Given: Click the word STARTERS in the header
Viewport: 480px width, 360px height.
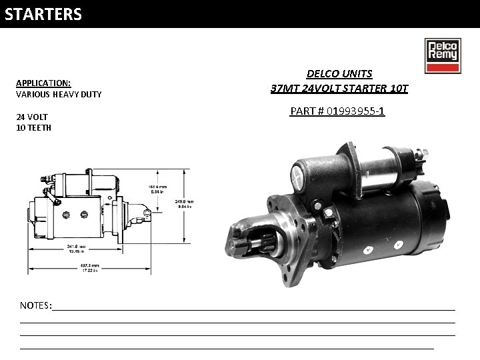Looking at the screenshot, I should click(x=43, y=14).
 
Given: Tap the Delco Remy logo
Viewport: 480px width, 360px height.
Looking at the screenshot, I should click(x=441, y=56).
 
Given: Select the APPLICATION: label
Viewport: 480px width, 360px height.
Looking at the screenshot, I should click(x=43, y=83).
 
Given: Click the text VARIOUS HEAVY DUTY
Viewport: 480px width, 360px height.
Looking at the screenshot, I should click(x=59, y=94).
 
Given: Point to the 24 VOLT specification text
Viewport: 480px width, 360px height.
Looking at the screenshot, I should click(x=31, y=117).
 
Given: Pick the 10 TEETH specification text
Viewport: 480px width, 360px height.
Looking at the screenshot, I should click(x=33, y=127).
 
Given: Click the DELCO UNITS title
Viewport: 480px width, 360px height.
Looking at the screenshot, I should click(x=339, y=73).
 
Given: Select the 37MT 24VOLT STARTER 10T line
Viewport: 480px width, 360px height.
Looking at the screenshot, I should click(x=339, y=88).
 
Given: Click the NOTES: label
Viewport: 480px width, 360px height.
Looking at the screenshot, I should click(x=36, y=305).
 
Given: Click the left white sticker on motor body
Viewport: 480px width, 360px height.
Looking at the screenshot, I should click(x=367, y=250).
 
